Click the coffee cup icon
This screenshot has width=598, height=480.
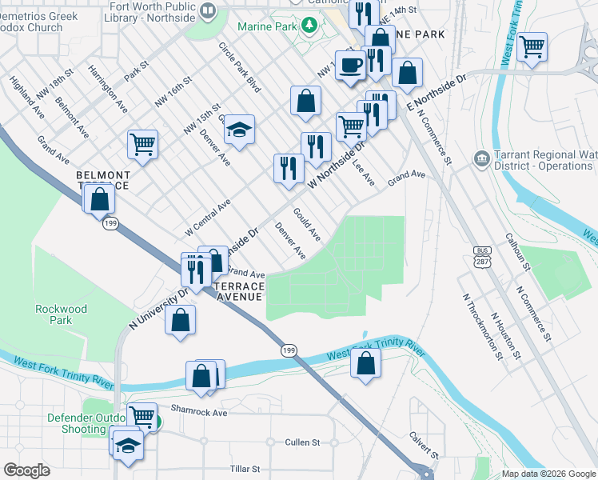point(349,64)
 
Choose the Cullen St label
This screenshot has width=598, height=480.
point(302,442)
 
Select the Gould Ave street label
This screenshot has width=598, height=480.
point(307,224)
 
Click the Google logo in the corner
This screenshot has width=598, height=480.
point(26,470)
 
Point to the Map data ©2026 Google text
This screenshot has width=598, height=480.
point(548,474)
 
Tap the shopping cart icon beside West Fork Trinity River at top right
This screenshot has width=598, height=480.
point(532,46)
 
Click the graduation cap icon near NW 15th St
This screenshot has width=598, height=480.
point(238,128)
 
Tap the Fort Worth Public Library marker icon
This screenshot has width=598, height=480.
point(208,10)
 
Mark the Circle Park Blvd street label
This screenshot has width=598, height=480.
point(240,65)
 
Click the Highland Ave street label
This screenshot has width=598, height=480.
point(27,97)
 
